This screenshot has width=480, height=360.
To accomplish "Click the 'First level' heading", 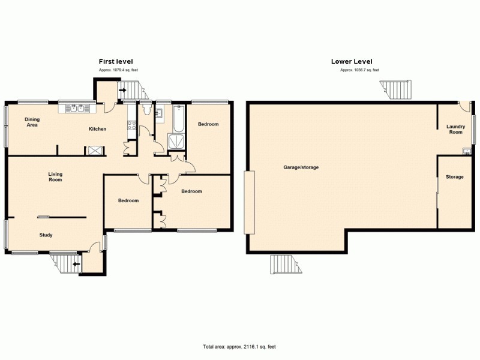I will (116, 62).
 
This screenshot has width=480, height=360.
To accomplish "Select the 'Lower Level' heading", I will (352, 62).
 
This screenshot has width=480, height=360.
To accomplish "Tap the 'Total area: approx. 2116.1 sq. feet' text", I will (239, 347).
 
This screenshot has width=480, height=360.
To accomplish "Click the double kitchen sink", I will (76, 109).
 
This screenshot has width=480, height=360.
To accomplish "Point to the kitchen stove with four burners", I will (131, 125).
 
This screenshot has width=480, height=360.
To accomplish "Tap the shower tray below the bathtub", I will (178, 141).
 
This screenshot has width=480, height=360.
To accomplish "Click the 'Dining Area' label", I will (32, 122).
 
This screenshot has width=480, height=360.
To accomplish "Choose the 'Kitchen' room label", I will (98, 129).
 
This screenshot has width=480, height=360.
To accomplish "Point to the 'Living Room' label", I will (55, 177).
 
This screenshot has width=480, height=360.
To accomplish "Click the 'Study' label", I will (46, 235).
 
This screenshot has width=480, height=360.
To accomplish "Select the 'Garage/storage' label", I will (301, 167).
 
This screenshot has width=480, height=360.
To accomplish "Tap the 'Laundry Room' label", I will (455, 129).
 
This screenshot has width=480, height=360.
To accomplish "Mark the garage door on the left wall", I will (249, 202).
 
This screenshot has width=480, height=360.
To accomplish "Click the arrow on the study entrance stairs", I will (76, 263).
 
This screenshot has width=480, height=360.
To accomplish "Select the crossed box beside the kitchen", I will (95, 151).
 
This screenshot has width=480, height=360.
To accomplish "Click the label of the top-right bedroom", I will (208, 124).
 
